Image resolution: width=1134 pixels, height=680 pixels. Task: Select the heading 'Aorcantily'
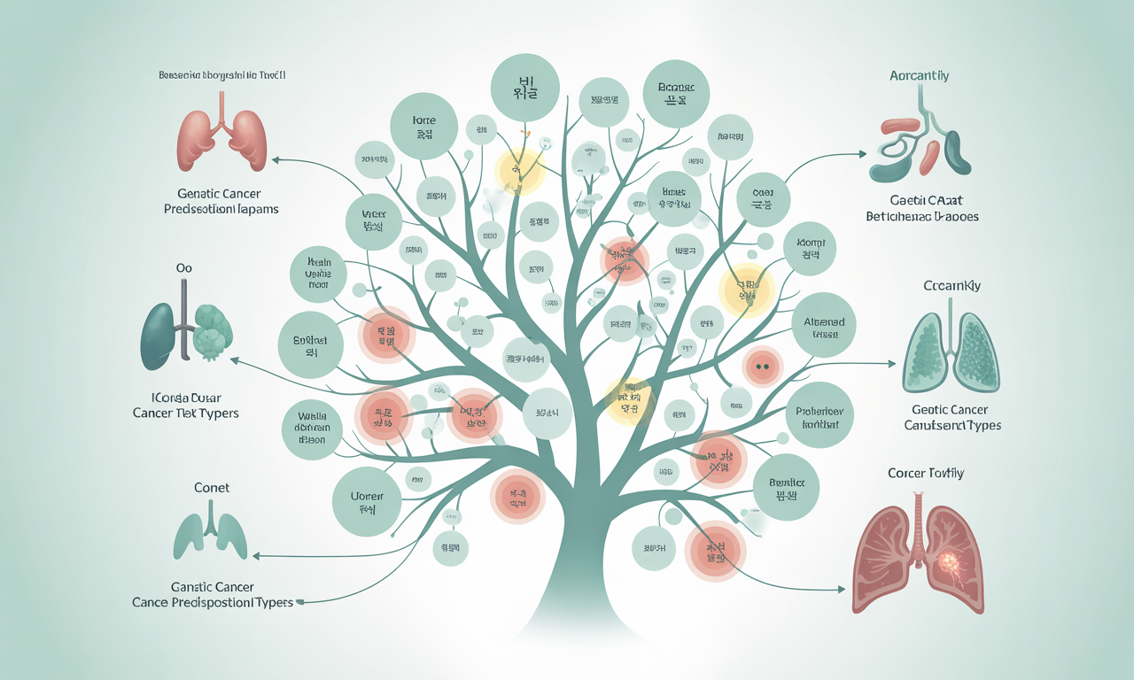click(919, 76)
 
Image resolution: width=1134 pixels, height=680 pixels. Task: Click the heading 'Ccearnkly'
click(951, 287)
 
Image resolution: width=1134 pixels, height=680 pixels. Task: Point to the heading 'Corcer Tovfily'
click(925, 474)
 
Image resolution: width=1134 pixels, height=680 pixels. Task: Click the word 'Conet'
click(211, 488)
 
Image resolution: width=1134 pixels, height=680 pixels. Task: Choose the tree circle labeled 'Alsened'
click(824, 328)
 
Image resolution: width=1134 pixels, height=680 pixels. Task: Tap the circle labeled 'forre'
click(424, 126)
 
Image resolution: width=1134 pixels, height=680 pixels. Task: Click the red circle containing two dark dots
click(762, 364)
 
